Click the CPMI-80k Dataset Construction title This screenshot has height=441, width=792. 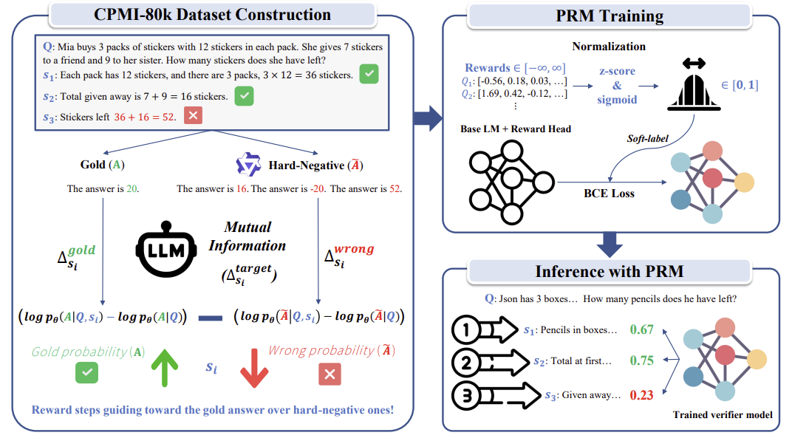(x=212, y=15)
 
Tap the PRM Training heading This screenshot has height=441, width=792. (x=610, y=16)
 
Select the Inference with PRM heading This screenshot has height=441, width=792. (x=610, y=271)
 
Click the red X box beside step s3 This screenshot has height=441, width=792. (x=193, y=116)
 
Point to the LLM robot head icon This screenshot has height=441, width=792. (x=166, y=249)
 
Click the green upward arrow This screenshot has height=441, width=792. (x=165, y=367)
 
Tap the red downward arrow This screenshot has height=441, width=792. (x=254, y=368)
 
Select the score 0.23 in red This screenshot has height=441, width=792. (x=641, y=395)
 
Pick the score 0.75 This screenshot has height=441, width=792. (x=641, y=360)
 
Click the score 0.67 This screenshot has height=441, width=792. (x=641, y=330)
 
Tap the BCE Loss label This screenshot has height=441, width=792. (x=609, y=194)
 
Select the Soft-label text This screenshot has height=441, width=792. (x=647, y=138)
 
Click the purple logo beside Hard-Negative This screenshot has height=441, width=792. (x=248, y=164)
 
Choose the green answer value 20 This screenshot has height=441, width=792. (x=132, y=189)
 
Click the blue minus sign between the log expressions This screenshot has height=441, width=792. (x=210, y=318)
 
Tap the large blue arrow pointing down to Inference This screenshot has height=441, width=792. (x=610, y=245)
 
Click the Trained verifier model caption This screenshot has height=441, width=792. (x=723, y=414)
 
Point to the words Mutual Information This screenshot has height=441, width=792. (x=247, y=236)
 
